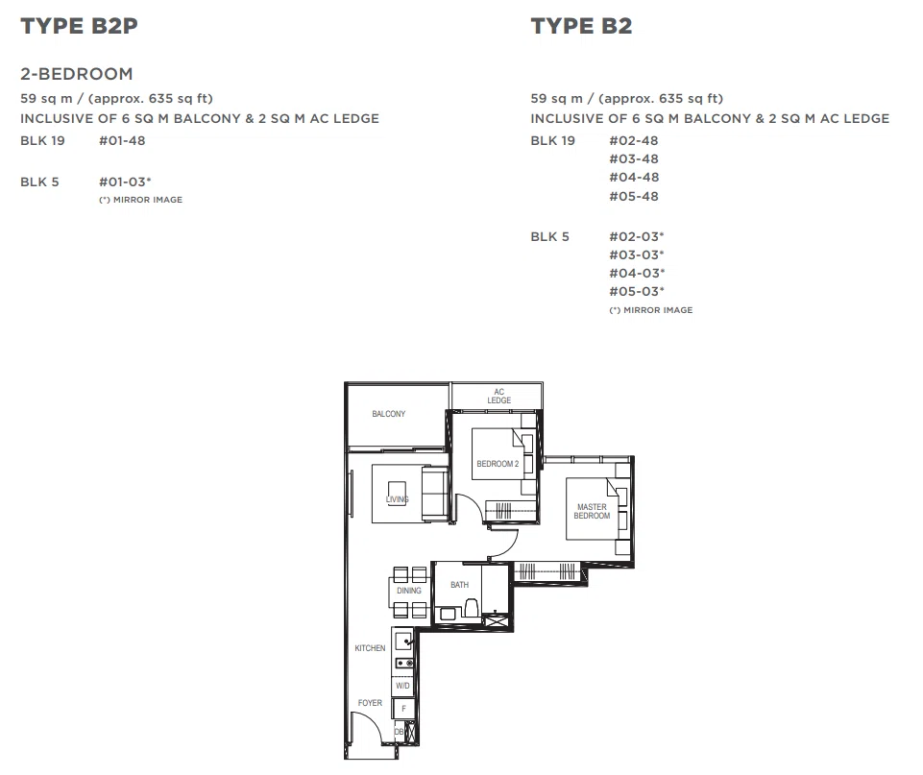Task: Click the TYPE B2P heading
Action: point(79,26)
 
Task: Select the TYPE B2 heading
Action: point(581,26)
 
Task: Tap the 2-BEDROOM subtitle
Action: point(77,74)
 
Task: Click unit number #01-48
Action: point(122,140)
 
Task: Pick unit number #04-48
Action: point(634,177)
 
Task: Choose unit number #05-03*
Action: point(637,291)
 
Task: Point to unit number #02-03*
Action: point(637,236)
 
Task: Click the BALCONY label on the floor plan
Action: point(389,414)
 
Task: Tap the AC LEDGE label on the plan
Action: point(499,396)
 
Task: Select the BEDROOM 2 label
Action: point(498,464)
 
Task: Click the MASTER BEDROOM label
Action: point(593,511)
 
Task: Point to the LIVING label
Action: point(398,499)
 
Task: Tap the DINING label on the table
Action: point(409,591)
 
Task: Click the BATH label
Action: point(460,584)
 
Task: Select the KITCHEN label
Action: point(371,648)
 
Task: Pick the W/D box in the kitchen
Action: point(402,686)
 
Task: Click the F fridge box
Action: point(403,709)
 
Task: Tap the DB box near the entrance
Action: point(400,732)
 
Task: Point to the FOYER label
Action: point(371,703)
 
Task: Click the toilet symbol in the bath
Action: point(471,608)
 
